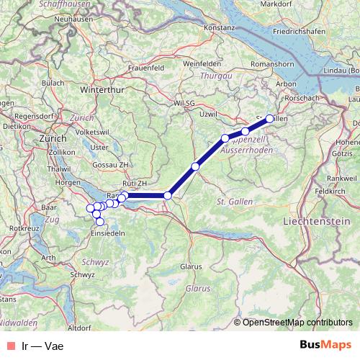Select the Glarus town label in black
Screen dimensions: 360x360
coord(191,266)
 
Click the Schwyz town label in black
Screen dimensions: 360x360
coord(82,274)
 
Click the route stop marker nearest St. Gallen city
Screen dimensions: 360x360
coord(270,119)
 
